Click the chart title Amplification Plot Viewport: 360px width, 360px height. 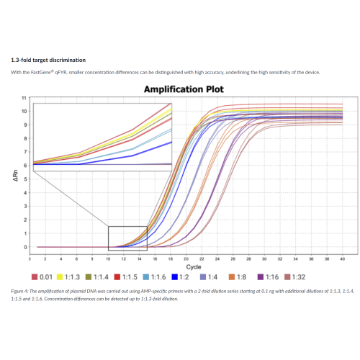[x=184, y=90]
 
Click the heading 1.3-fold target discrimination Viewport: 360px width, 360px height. [x=48, y=59]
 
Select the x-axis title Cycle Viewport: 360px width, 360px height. [x=186, y=266]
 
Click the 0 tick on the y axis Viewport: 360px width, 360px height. [x=26, y=247]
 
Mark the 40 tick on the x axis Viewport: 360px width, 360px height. [x=342, y=258]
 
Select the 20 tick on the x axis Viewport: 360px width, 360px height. [x=186, y=258]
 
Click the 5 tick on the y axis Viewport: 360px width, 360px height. [x=26, y=179]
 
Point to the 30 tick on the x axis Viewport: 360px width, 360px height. [x=264, y=258]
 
